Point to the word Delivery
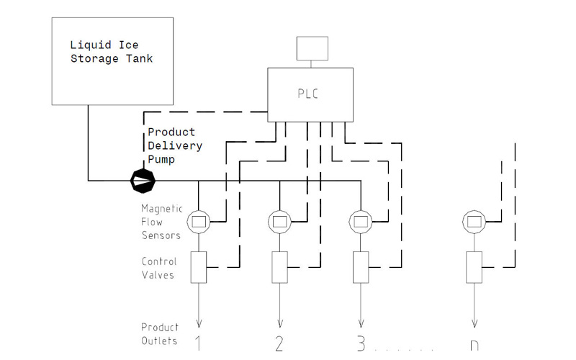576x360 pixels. click(175, 146)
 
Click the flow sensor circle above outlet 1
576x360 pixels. click(198, 221)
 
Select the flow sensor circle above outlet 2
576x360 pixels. click(279, 221)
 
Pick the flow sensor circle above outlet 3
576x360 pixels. click(359, 221)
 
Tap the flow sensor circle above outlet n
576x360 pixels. click(474, 221)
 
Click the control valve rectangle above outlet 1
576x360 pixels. click(198, 267)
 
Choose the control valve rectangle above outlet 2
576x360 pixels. click(279, 267)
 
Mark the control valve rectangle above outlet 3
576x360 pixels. click(359, 267)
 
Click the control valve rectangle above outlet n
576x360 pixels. click(474, 267)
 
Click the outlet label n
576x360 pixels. click(474, 343)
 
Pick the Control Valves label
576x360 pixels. click(159, 268)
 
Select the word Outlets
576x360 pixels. click(159, 341)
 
